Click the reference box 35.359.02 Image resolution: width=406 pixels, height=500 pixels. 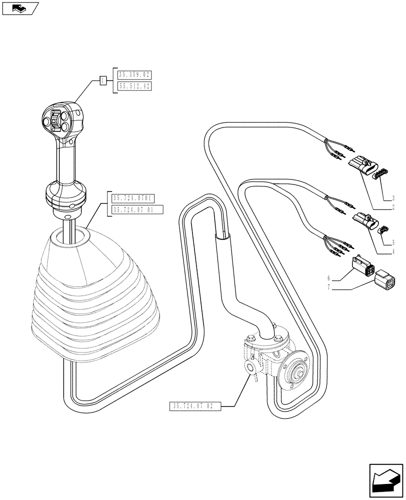(x=134, y=75)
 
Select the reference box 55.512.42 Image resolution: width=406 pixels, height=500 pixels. (x=134, y=86)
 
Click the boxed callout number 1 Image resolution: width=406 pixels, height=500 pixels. (x=103, y=80)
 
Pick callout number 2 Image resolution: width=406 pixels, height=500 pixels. (x=393, y=206)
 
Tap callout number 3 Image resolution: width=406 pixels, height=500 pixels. (x=393, y=198)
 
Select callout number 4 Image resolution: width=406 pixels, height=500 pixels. (x=393, y=252)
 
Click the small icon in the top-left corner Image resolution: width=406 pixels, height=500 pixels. (x=19, y=8)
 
